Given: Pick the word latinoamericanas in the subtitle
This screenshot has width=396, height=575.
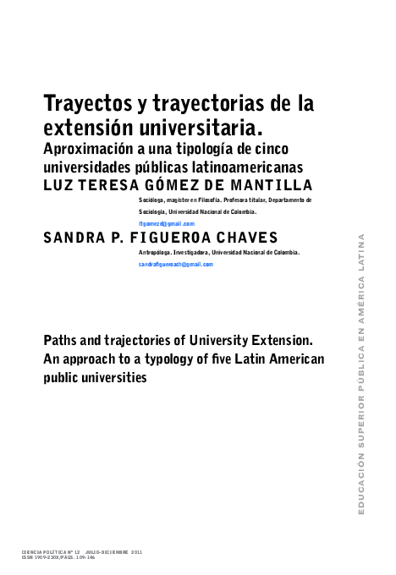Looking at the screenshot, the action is click(x=246, y=167).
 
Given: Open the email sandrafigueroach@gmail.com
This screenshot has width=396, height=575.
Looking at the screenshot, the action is click(x=176, y=264).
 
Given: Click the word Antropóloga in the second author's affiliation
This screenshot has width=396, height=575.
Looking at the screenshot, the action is click(x=156, y=252).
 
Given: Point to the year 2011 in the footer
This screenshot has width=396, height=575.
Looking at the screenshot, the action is click(x=136, y=551).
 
